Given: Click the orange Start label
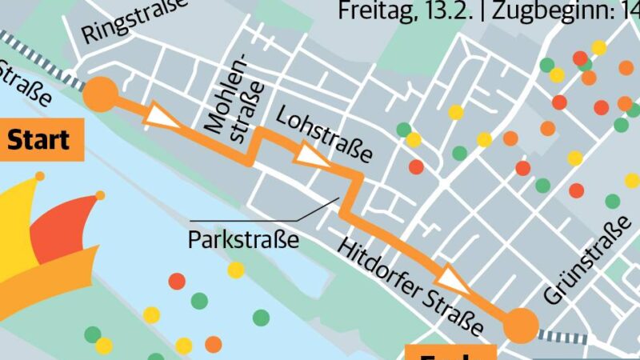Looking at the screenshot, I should (38, 141).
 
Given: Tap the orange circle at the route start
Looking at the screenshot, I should (101, 94).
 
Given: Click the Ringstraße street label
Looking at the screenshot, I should (134, 21).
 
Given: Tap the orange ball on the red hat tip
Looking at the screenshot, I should (100, 195).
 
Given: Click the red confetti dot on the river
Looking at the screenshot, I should (177, 281).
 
